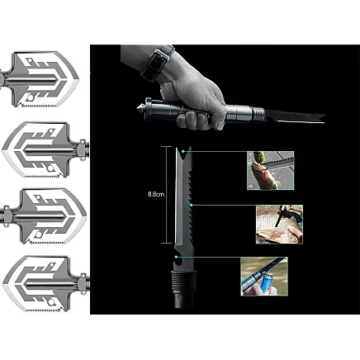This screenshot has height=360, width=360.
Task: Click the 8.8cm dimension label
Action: click(x=156, y=194)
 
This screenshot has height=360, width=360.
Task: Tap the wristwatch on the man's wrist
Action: click(x=158, y=63)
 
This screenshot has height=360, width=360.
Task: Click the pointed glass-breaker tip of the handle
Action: click(x=140, y=108)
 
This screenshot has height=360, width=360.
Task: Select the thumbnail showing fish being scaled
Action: click(x=270, y=170)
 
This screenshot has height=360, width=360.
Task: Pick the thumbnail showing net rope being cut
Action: click(x=279, y=224)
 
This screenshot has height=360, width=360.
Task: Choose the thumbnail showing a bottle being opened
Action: click(x=264, y=277)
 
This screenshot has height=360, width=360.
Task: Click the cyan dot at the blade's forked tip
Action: click(x=183, y=151)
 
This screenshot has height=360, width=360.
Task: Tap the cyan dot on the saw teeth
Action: click(x=192, y=205)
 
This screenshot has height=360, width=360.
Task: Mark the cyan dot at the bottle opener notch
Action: click(x=176, y=257)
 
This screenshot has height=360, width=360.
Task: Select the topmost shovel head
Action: click(x=41, y=80)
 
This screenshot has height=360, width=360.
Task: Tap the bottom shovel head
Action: click(x=45, y=284)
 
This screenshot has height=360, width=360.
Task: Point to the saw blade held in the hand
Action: click(x=295, y=116)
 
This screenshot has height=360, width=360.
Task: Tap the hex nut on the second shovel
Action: click(x=83, y=150)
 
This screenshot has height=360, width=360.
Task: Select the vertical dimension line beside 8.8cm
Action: click(x=167, y=195)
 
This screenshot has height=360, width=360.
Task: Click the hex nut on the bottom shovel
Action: click(x=83, y=284)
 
